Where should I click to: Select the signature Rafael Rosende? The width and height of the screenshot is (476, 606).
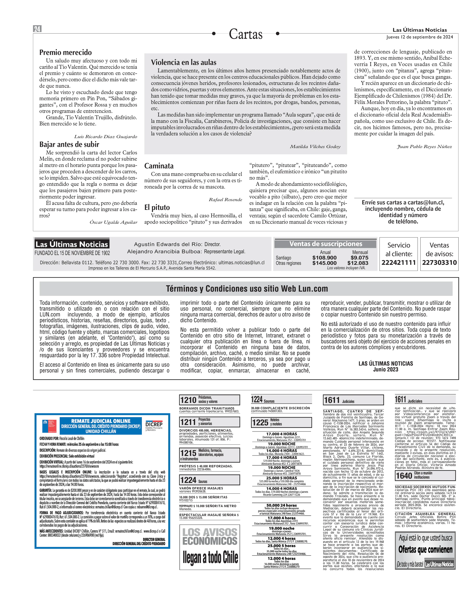click(225, 200)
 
